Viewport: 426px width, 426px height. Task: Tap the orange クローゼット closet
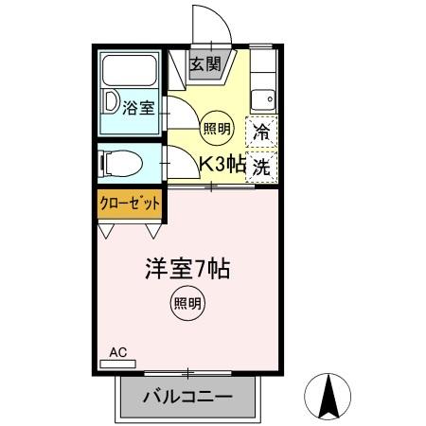coord(130,203)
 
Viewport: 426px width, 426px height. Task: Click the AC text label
coord(117,352)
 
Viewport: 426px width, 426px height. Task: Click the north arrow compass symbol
coord(328,395)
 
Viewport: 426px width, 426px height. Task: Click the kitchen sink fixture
coord(264,98)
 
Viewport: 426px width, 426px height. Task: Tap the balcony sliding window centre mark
coord(188,371)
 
